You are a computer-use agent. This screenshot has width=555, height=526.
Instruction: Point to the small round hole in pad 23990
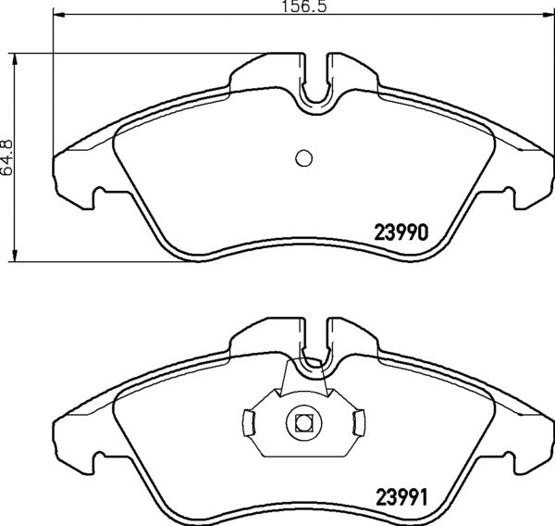click(303, 157)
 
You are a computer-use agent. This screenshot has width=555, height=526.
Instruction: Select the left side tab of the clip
click(249, 423)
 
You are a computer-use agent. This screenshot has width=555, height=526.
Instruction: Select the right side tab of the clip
click(357, 423)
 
